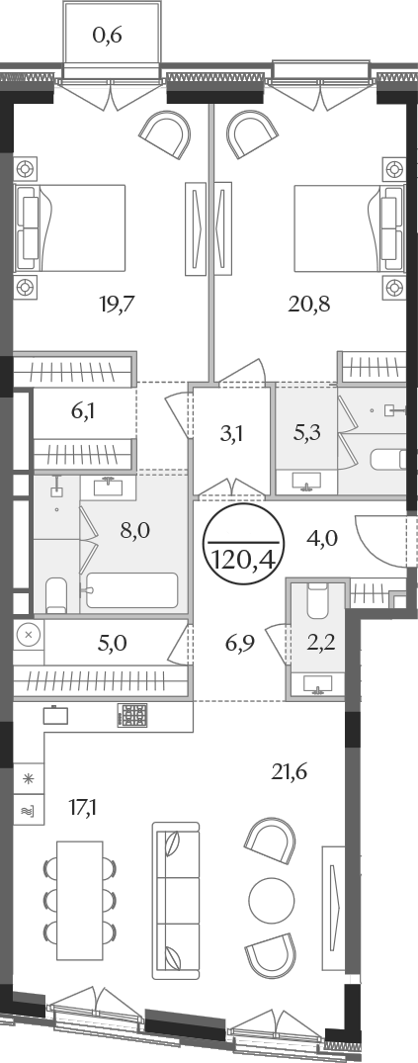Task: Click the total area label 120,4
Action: click(243, 560)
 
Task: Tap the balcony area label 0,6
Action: click(107, 35)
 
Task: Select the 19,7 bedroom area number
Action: click(118, 303)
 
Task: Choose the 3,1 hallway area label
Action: click(234, 433)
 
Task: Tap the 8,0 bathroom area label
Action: click(134, 530)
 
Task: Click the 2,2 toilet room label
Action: click(316, 642)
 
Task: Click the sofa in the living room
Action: click(176, 900)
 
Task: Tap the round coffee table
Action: click(272, 900)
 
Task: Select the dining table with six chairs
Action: click(79, 900)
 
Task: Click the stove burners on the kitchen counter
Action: click(131, 715)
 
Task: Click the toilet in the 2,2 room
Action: click(317, 600)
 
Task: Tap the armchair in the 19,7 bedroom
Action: click(165, 133)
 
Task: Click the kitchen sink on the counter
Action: click(56, 715)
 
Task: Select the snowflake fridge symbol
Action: click(28, 778)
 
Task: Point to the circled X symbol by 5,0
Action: click(29, 635)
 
